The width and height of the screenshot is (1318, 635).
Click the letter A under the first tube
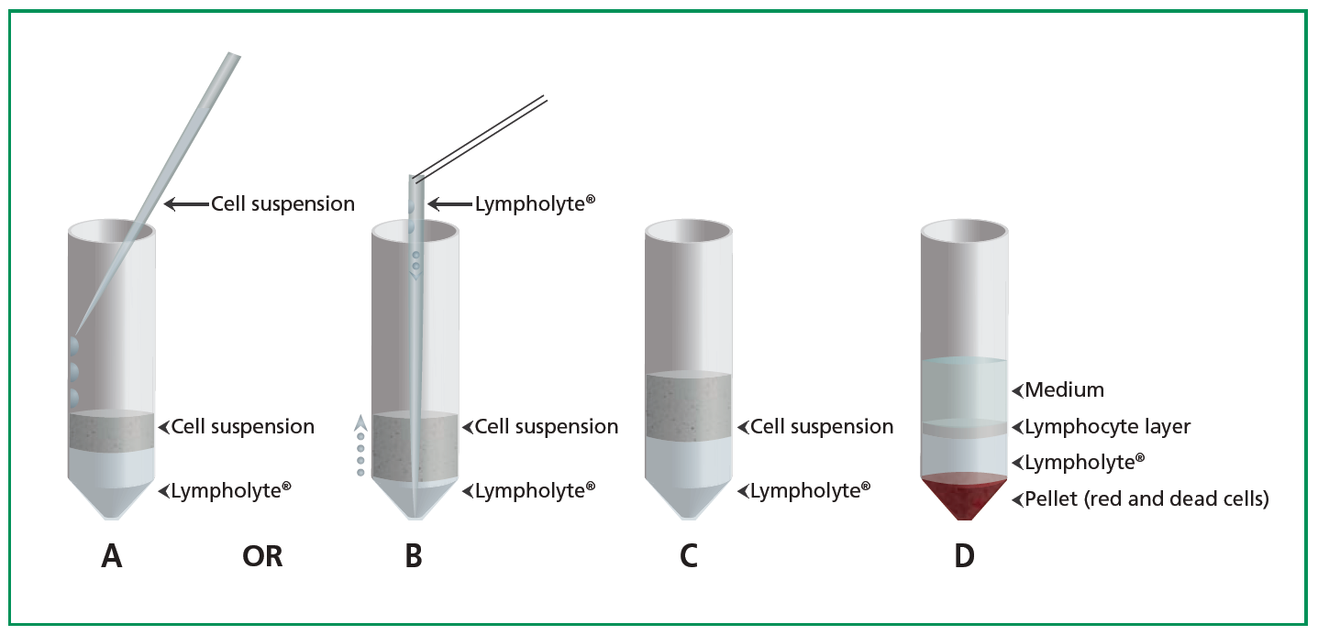(111, 555)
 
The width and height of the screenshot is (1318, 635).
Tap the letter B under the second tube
(414, 555)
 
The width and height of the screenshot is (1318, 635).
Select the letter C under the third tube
(689, 555)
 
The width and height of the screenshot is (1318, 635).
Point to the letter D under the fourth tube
(964, 555)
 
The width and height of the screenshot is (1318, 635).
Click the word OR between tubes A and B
(262, 556)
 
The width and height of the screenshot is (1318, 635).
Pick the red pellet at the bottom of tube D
(964, 495)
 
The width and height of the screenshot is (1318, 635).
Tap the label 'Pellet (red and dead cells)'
(1146, 499)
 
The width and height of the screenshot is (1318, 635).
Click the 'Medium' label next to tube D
(1064, 390)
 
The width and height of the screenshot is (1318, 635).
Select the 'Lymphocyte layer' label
(1107, 426)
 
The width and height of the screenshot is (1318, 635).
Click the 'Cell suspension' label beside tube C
(821, 427)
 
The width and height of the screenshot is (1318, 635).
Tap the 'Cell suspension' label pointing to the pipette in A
(282, 203)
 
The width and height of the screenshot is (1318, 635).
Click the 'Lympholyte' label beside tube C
(809, 491)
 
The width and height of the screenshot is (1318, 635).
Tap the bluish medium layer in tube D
(964, 389)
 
